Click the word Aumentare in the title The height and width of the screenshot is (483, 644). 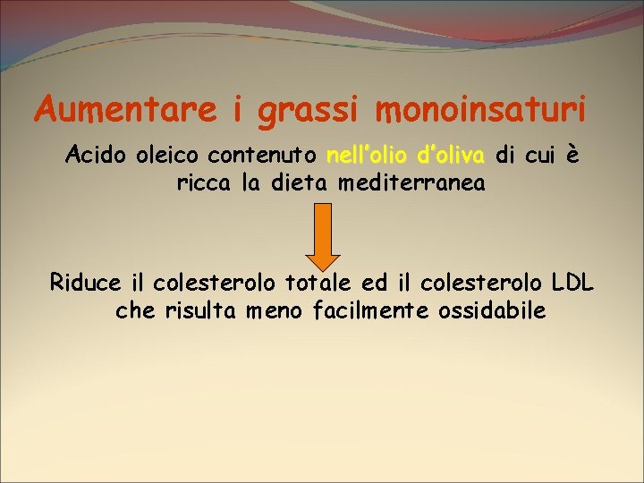pyautogui.click(x=126, y=110)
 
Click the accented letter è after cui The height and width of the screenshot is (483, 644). pyautogui.click(x=573, y=156)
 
